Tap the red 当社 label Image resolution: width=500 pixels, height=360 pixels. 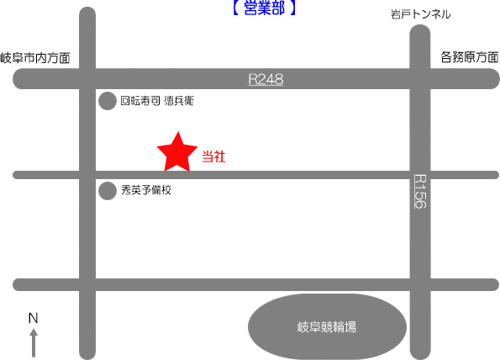pyautogui.click(x=213, y=156)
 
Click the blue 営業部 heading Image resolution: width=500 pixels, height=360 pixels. pyautogui.click(x=264, y=8)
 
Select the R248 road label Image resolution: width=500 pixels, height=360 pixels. pyautogui.click(x=266, y=79)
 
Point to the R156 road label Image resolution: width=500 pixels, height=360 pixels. pyautogui.click(x=420, y=191)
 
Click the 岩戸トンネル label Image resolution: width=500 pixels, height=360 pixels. pyautogui.click(x=421, y=14)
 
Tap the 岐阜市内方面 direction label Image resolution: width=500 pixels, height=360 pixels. pyautogui.click(x=35, y=58)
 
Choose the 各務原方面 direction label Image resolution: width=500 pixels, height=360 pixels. pyautogui.click(x=470, y=57)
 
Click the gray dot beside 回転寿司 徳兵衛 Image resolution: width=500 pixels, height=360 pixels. pyautogui.click(x=108, y=101)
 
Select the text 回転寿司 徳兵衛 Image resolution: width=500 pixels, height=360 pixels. pyautogui.click(x=157, y=101)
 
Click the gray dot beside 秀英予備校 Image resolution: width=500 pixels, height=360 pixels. pyautogui.click(x=108, y=191)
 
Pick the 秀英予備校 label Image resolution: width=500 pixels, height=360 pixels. pyautogui.click(x=146, y=190)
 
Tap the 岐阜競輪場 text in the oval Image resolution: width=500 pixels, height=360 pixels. pyautogui.click(x=327, y=327)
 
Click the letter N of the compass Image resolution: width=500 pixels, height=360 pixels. pyautogui.click(x=33, y=318)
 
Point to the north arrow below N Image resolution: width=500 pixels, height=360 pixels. pyautogui.click(x=34, y=343)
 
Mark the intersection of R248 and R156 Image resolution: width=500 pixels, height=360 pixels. pyautogui.click(x=420, y=78)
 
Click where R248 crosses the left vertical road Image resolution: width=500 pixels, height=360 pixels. pyautogui.click(x=87, y=78)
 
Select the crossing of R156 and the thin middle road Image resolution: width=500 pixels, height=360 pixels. pyautogui.click(x=420, y=175)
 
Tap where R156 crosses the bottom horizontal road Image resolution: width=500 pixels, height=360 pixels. pyautogui.click(x=420, y=284)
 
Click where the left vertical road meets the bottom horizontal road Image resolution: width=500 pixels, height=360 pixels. pyautogui.click(x=87, y=284)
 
